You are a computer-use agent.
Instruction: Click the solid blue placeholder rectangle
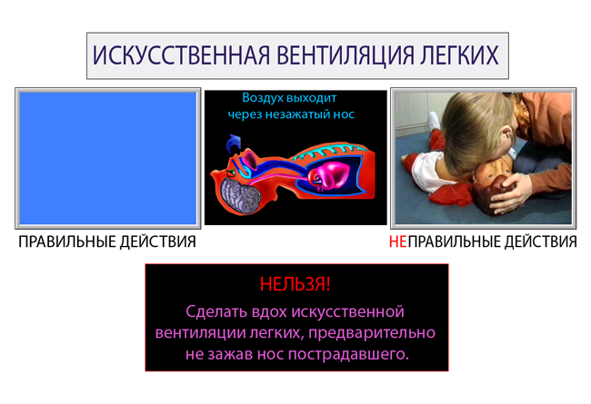pos(108,158)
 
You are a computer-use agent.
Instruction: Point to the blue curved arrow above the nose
pos(234,143)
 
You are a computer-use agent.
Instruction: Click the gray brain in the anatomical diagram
pos(240,196)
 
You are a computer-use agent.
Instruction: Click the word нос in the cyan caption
pos(344,114)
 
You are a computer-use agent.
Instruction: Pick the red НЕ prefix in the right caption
pos(398,241)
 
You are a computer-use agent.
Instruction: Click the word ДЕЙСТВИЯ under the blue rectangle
pos(158,241)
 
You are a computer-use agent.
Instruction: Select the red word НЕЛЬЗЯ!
pos(295,284)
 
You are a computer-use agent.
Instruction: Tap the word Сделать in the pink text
pos(216,311)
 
